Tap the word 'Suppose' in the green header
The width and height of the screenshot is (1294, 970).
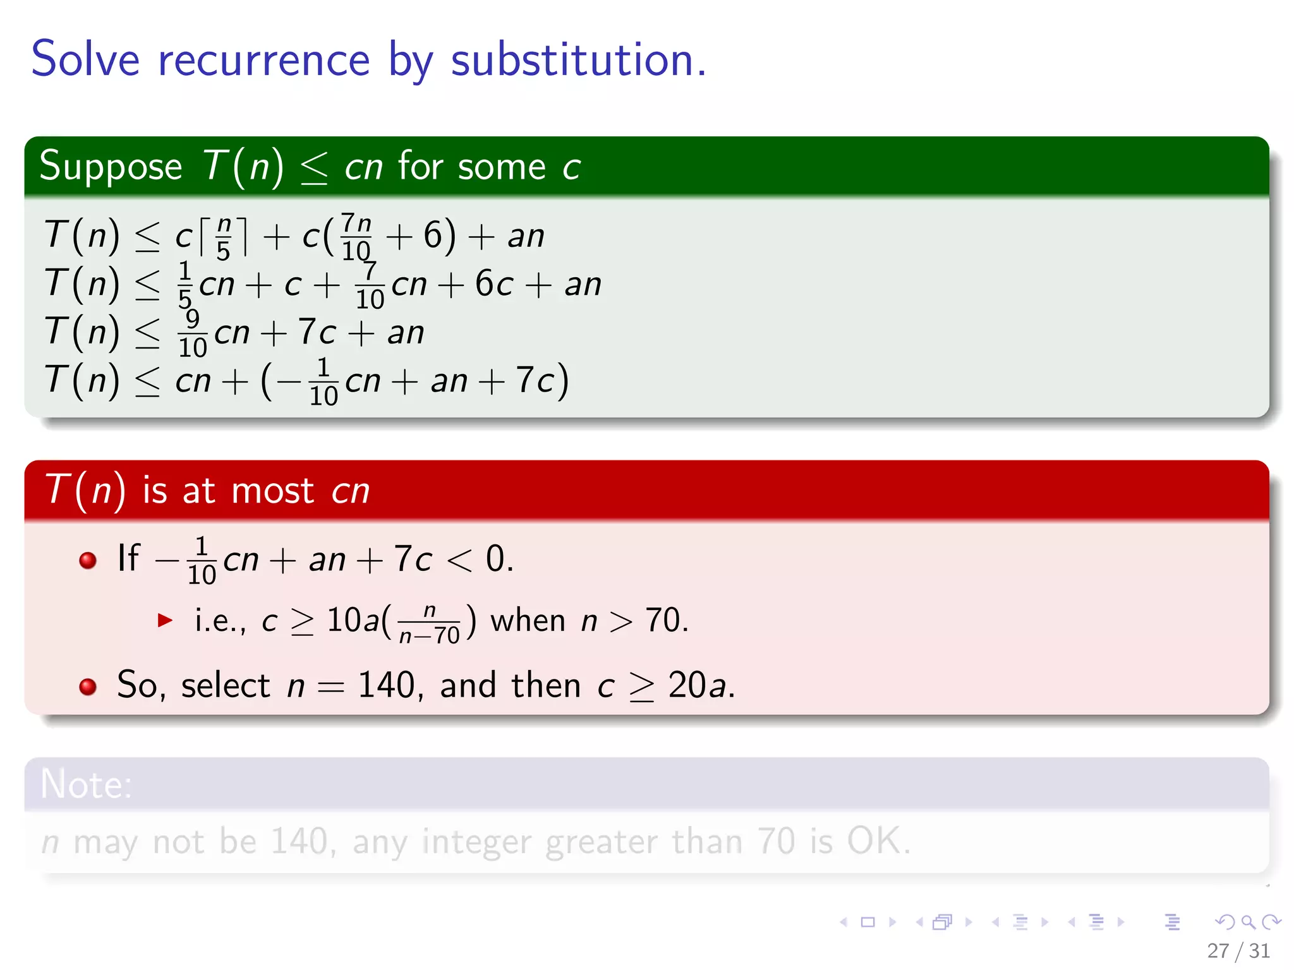pyautogui.click(x=111, y=167)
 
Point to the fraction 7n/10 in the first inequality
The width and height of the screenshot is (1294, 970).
pyautogui.click(x=356, y=237)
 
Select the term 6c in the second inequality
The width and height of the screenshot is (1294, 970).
pyautogui.click(x=493, y=284)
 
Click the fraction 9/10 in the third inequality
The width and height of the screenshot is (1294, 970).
pyautogui.click(x=193, y=333)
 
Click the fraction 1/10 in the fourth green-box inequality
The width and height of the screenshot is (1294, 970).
pyautogui.click(x=323, y=381)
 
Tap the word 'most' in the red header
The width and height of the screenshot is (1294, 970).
pyautogui.click(x=272, y=491)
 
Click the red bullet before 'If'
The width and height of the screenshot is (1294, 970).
pyautogui.click(x=88, y=560)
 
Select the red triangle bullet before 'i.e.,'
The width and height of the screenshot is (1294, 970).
pyautogui.click(x=165, y=620)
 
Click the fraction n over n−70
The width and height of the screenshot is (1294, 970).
pyautogui.click(x=430, y=623)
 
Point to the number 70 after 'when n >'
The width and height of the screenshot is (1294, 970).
pyautogui.click(x=662, y=620)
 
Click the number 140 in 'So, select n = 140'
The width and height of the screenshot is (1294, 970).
pyautogui.click(x=386, y=685)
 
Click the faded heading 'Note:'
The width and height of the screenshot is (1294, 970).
pyautogui.click(x=86, y=784)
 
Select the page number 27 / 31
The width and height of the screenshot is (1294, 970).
pyautogui.click(x=1238, y=950)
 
